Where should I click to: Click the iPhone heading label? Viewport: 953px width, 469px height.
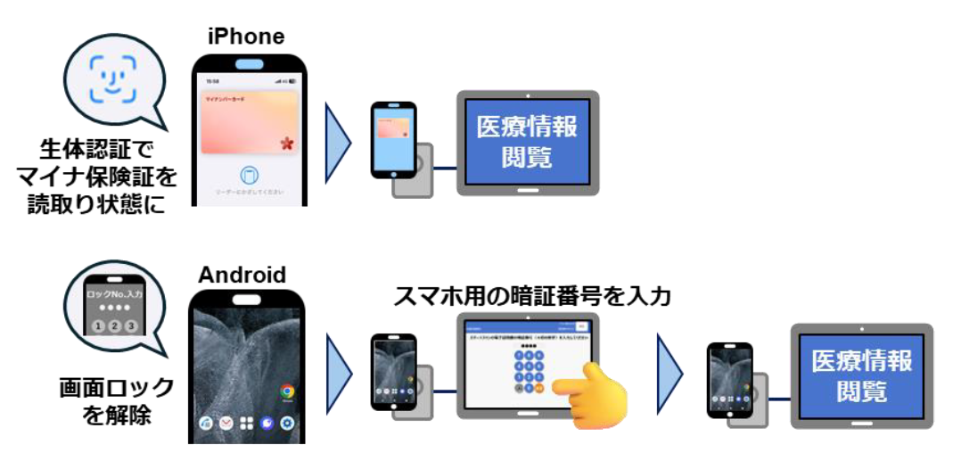coord(246,37)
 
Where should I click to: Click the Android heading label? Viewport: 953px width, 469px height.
coord(243,274)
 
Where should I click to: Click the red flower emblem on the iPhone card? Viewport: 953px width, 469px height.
coord(287,142)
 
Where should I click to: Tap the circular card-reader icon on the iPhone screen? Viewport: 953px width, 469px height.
coord(251,175)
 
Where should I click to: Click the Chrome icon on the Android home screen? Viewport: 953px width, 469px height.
coord(287,391)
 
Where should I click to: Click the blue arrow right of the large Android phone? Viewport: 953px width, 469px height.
coord(338,374)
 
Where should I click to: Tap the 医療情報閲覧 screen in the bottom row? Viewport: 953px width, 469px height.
coord(861,374)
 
